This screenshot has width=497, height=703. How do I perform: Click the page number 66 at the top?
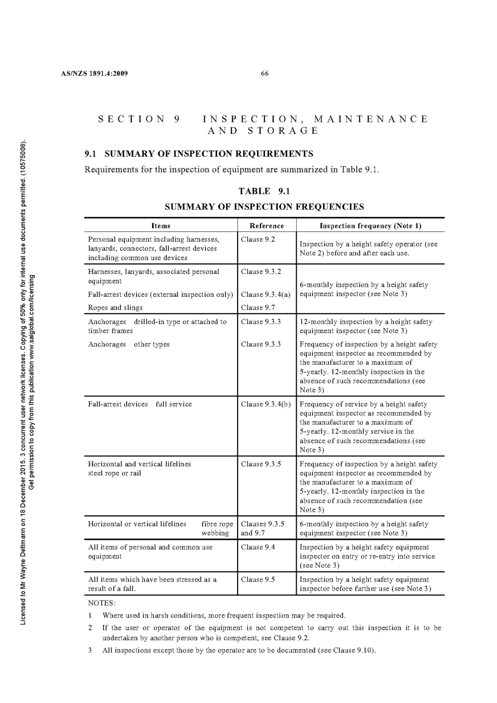pyautogui.click(x=264, y=74)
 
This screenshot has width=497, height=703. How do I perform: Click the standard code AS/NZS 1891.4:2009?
pyautogui.click(x=94, y=74)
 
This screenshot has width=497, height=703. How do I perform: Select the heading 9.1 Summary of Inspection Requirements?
pyautogui.click(x=199, y=154)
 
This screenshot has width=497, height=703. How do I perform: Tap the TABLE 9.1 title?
pyautogui.click(x=264, y=191)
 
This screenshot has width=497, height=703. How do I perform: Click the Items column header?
pyautogui.click(x=161, y=226)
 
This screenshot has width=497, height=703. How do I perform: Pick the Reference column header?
pyautogui.click(x=266, y=226)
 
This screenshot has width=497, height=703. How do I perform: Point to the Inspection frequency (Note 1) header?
pyautogui.click(x=370, y=226)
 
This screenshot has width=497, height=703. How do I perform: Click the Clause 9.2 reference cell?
pyautogui.click(x=257, y=239)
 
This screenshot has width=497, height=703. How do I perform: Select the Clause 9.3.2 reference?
pyautogui.click(x=261, y=271)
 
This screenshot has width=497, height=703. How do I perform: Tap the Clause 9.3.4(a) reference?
pyautogui.click(x=265, y=294)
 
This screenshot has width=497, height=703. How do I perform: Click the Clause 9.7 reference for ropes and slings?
pyautogui.click(x=257, y=307)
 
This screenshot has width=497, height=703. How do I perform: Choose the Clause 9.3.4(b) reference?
pyautogui.click(x=265, y=404)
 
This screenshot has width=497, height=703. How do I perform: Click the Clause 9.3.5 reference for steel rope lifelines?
pyautogui.click(x=261, y=464)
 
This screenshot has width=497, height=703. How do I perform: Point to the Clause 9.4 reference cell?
pyautogui.click(x=257, y=547)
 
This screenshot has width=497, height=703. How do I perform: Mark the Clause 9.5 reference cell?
pyautogui.click(x=257, y=579)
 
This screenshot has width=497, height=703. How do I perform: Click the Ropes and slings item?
pyautogui.click(x=115, y=307)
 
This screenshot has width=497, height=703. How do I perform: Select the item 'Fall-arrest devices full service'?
pyautogui.click(x=140, y=404)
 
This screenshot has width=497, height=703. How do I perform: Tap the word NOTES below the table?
pyautogui.click(x=102, y=603)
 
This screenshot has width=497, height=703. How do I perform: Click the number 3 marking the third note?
pyautogui.click(x=90, y=650)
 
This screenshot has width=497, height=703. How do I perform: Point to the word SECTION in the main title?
pyautogui.click(x=132, y=119)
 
